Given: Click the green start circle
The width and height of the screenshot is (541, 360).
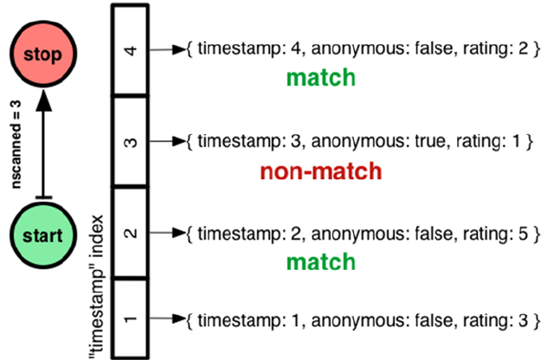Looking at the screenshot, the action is tap(42, 235).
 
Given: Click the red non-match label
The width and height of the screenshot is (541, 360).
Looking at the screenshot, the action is tap(320, 170).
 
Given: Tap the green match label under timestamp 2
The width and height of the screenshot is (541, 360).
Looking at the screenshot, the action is tap(320, 260).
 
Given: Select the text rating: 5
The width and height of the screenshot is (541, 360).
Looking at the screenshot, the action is tap(488, 232).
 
